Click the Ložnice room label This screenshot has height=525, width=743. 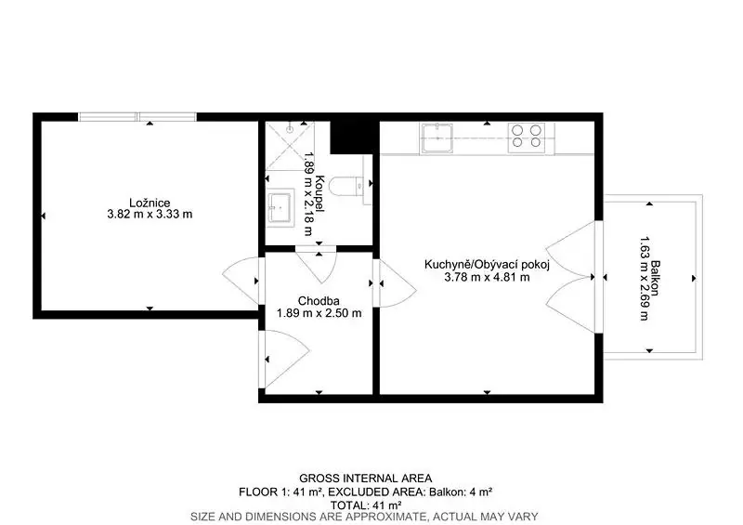(x=150, y=203)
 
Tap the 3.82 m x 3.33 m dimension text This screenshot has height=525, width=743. (x=150, y=215)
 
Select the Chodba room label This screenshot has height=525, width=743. (x=319, y=301)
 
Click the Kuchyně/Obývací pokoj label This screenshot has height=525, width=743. (x=487, y=265)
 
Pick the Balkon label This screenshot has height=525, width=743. (x=656, y=279)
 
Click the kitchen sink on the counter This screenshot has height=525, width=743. (x=437, y=138)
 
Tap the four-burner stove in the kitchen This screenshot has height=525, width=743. (x=527, y=138)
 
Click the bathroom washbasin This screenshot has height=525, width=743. (x=280, y=207)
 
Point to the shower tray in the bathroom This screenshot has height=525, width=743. (x=290, y=146)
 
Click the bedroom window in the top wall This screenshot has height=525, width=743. (x=137, y=117)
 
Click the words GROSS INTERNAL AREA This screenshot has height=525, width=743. (x=365, y=479)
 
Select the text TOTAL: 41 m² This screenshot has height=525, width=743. (x=366, y=505)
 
